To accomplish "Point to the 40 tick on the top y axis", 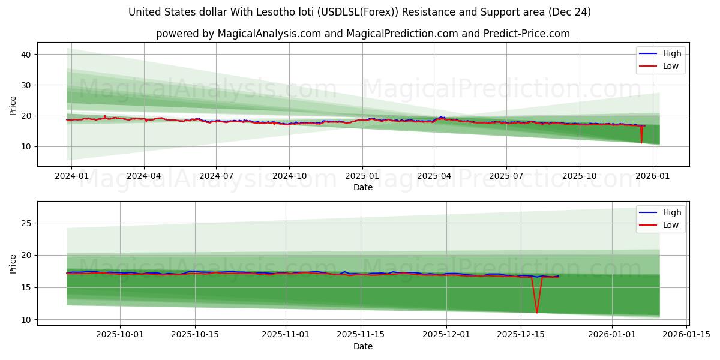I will (x=26, y=55).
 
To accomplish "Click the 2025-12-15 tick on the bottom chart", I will (x=521, y=334).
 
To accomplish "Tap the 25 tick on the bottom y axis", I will (x=26, y=223).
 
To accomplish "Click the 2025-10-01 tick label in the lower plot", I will (x=120, y=334).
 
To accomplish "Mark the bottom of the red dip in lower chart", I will (x=536, y=312).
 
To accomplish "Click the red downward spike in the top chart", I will (x=641, y=142).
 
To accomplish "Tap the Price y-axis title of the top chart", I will (x=13, y=104).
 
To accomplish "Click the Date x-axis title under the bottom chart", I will (x=362, y=346).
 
